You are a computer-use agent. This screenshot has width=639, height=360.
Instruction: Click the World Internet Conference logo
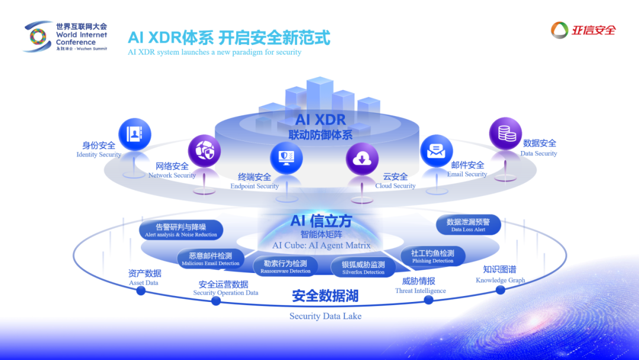(x=38, y=37)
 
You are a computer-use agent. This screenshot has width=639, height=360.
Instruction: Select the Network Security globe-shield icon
(x=204, y=151)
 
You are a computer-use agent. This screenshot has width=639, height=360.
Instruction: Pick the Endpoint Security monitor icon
(x=286, y=158)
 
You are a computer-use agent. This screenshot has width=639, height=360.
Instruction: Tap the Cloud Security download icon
(x=362, y=159)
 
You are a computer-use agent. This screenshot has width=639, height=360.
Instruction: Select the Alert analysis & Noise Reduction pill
(x=181, y=230)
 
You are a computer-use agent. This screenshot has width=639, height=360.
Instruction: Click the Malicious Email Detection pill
(x=211, y=259)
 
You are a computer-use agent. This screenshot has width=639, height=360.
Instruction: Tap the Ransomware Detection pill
(x=286, y=266)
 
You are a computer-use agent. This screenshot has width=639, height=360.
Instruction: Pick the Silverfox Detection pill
(x=363, y=268)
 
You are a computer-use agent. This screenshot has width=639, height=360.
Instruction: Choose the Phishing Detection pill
(x=433, y=256)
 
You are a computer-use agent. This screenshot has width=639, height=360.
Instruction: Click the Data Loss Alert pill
(x=468, y=225)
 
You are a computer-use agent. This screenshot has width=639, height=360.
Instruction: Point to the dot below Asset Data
(x=141, y=291)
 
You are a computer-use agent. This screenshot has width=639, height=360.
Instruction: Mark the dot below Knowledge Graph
(x=500, y=290)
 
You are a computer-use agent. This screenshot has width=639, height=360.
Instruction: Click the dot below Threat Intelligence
(x=428, y=300)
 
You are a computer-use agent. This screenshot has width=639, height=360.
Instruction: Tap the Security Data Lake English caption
(x=325, y=316)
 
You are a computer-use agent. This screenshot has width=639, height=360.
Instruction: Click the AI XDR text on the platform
(x=320, y=120)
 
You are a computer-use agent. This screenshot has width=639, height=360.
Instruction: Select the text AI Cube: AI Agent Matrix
(x=321, y=245)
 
